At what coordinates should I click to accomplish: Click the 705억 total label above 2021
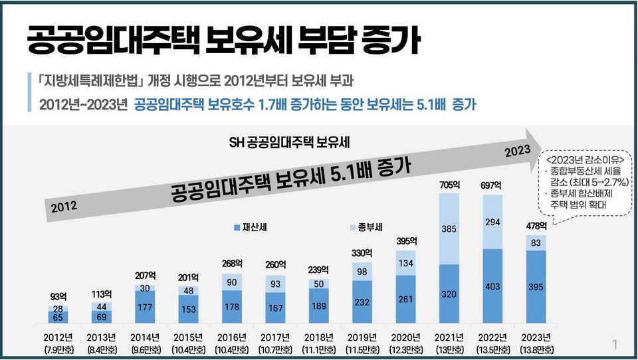click(x=449, y=185)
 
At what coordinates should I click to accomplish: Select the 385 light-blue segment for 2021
click(x=449, y=229)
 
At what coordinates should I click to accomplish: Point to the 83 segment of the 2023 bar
click(x=536, y=243)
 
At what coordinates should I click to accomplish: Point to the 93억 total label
click(x=58, y=297)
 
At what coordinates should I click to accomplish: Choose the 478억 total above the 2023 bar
click(x=536, y=226)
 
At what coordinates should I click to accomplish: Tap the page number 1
click(x=615, y=344)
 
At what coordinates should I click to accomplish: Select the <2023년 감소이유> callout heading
click(x=576, y=161)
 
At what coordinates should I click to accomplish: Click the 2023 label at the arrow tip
click(x=518, y=149)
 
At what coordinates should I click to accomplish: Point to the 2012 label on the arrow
click(x=64, y=206)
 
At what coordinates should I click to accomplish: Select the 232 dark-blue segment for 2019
click(x=362, y=301)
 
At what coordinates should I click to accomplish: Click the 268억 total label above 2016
click(x=232, y=264)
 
